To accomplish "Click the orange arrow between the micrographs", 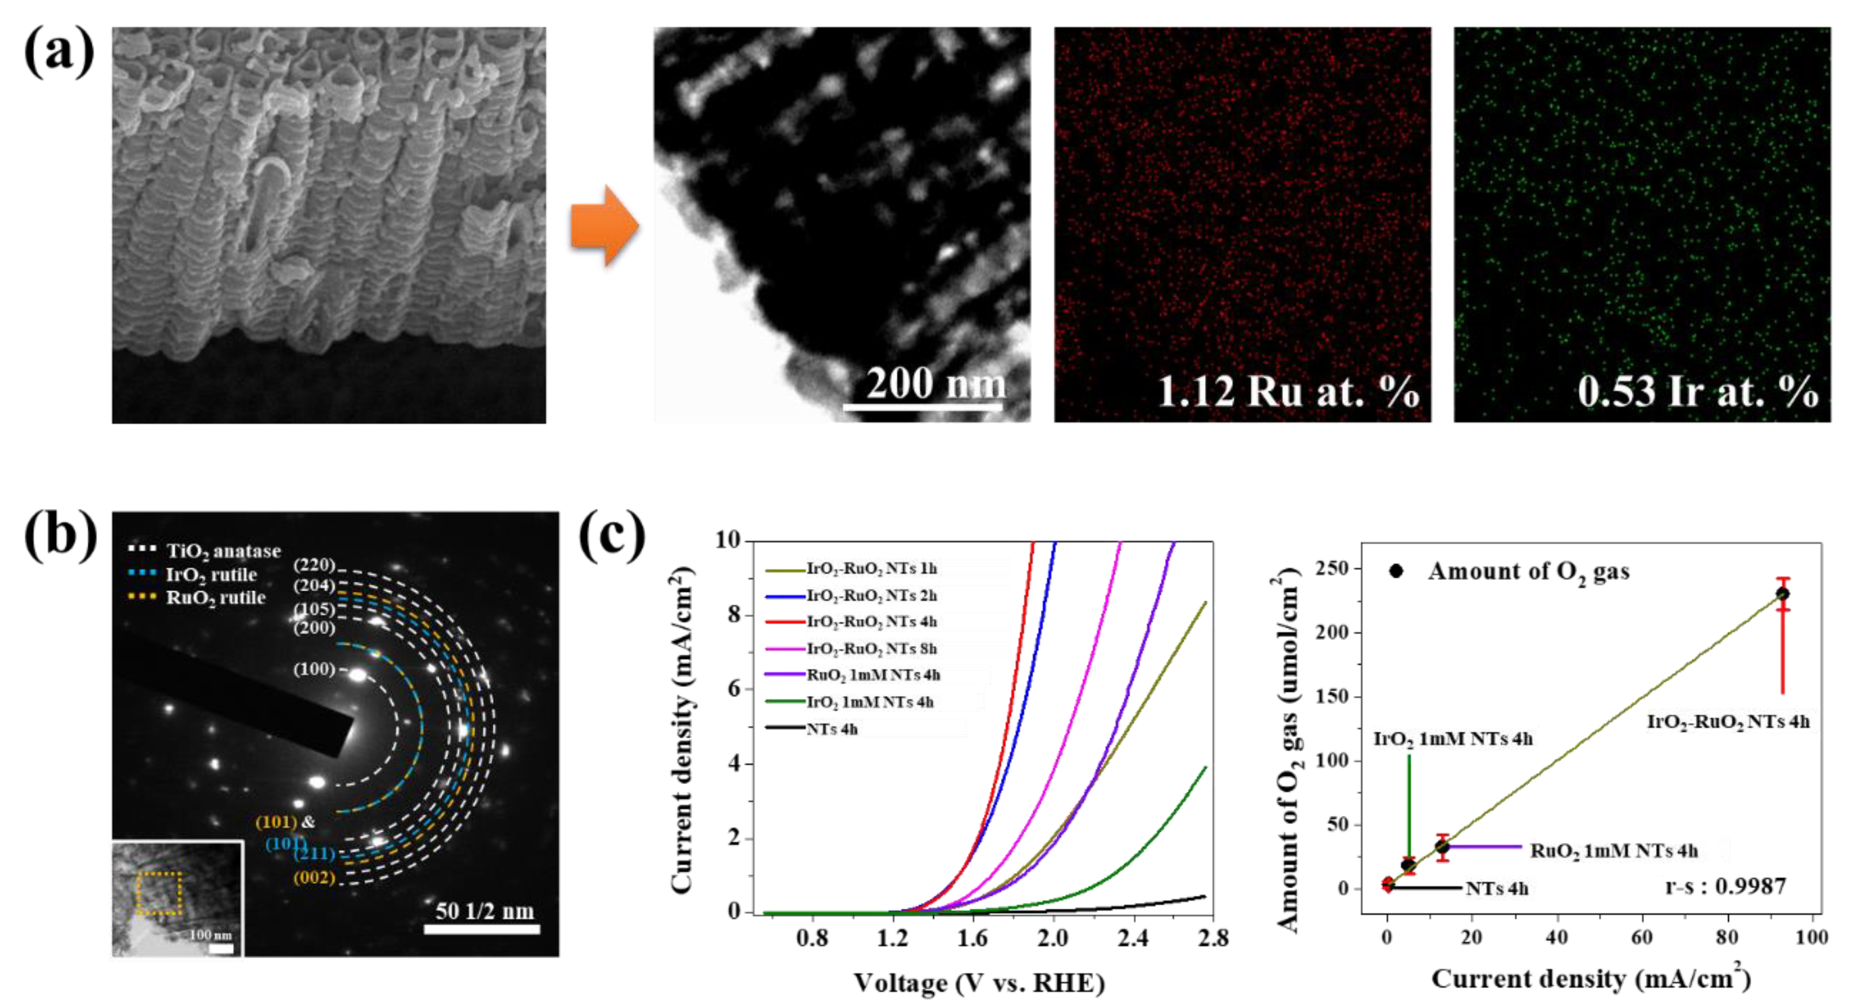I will click(604, 226).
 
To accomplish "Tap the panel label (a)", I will click(59, 52).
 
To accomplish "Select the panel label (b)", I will click(60, 535).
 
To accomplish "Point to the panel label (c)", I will click(613, 535).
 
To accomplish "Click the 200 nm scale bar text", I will click(935, 383).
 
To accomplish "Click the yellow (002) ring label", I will click(314, 878).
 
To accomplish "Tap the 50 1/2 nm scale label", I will click(484, 911).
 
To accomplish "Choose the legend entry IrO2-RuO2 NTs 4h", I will click(871, 622).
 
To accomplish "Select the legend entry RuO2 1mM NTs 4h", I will click(873, 675).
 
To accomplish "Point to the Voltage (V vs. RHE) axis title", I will click(979, 982).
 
